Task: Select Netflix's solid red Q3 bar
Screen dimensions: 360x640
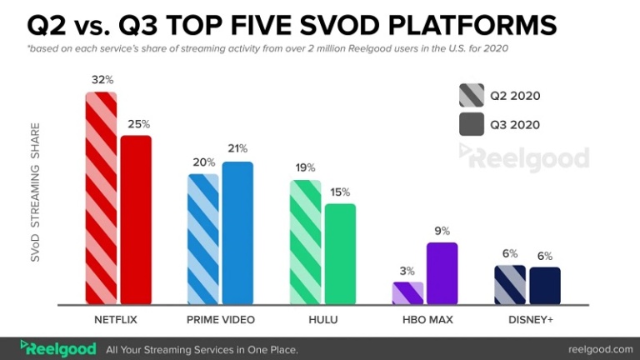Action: (x=136, y=220)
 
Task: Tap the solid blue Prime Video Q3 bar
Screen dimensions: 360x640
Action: (x=237, y=233)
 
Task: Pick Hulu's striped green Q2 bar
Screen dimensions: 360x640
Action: (x=305, y=242)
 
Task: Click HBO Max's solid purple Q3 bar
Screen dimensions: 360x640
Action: (x=442, y=273)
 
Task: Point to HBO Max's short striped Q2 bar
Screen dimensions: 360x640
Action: (x=408, y=293)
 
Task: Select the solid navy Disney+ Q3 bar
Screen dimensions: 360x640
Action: (x=544, y=286)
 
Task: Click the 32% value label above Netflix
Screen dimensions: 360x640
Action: (x=102, y=80)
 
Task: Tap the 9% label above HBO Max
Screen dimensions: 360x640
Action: (x=442, y=231)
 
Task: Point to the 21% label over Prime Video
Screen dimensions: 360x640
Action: (x=237, y=149)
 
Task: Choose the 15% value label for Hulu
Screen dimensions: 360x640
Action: (x=340, y=192)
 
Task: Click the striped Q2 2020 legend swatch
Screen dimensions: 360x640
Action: (x=472, y=95)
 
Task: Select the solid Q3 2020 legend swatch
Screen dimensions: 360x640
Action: (x=472, y=125)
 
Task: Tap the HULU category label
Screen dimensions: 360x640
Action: (x=322, y=320)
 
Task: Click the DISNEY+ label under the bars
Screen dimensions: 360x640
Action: (x=527, y=320)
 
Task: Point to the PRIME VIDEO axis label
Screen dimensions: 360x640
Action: (x=220, y=320)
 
